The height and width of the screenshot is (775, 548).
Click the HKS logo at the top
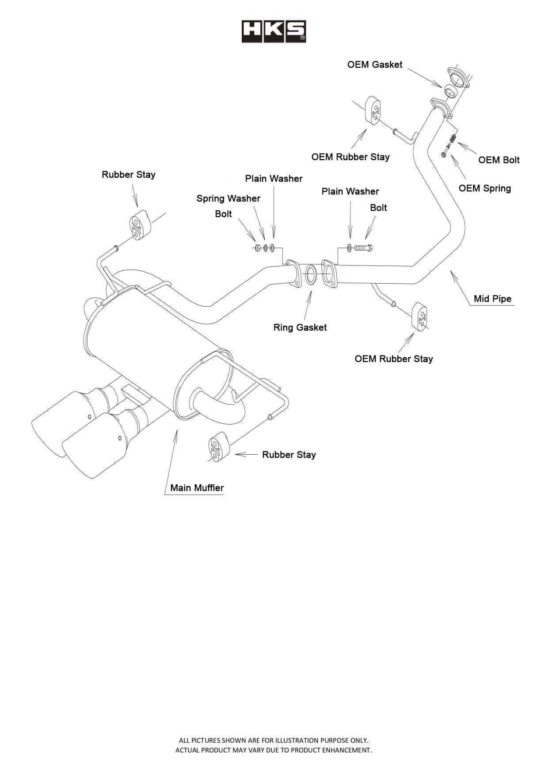[x=274, y=31]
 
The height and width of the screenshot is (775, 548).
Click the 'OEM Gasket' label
[x=375, y=65]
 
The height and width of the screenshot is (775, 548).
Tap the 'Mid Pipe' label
[x=492, y=299]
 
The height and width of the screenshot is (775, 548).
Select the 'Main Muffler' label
[x=197, y=488]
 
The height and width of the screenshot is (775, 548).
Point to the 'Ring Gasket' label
[x=300, y=327]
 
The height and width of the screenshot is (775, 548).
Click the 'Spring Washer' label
[x=228, y=198]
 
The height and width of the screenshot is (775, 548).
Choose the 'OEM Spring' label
[x=484, y=188]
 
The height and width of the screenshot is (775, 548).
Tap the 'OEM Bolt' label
[x=499, y=160]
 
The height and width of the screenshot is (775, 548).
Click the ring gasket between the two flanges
[x=311, y=275]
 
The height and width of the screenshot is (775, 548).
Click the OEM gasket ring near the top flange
[x=450, y=91]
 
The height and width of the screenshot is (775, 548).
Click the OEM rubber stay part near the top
[x=373, y=110]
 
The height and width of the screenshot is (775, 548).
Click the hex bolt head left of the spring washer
[x=257, y=248]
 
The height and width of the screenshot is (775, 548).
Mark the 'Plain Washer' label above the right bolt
[x=350, y=191]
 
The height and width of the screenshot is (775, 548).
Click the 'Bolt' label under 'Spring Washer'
[x=223, y=214]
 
